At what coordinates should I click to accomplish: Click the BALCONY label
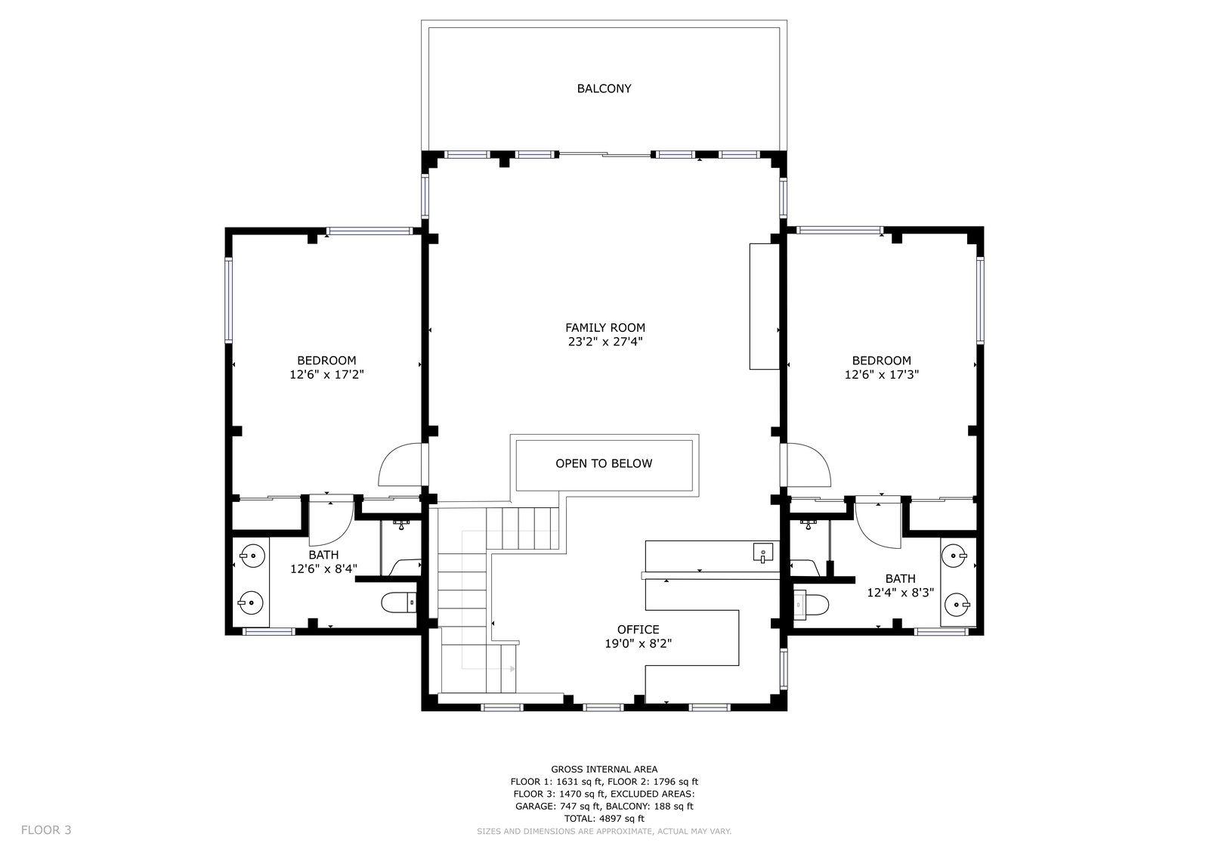(604, 88)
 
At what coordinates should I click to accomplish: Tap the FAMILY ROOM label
(605, 327)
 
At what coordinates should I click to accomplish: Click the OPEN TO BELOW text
(604, 463)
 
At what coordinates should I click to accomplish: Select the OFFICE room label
(638, 629)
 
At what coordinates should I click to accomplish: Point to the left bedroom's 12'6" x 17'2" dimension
(326, 374)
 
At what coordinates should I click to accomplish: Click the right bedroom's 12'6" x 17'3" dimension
(881, 374)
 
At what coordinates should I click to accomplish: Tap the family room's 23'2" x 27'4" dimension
(605, 342)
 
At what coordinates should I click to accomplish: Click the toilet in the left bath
(398, 603)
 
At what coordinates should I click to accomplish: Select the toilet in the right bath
(812, 605)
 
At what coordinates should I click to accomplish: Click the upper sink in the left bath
(252, 556)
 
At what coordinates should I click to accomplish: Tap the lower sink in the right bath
(956, 605)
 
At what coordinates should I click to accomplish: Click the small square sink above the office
(762, 553)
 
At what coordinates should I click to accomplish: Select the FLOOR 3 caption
(46, 830)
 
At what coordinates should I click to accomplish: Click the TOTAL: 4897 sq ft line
(604, 818)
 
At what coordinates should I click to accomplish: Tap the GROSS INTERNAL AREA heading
(604, 769)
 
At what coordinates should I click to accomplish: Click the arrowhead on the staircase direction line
(512, 669)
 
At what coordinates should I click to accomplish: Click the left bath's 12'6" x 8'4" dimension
(323, 568)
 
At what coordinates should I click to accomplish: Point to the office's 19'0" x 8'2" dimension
(638, 643)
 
